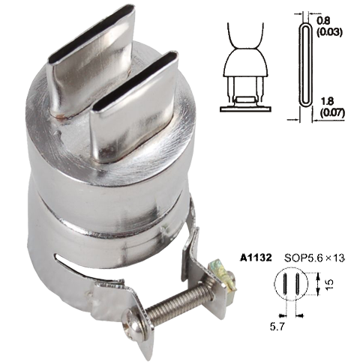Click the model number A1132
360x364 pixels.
256,258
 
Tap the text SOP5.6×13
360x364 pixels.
314,258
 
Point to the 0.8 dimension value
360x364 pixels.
323,20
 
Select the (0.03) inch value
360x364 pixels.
329,32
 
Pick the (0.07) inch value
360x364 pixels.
332,113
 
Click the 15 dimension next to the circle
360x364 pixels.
330,284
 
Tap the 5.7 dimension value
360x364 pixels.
277,327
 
